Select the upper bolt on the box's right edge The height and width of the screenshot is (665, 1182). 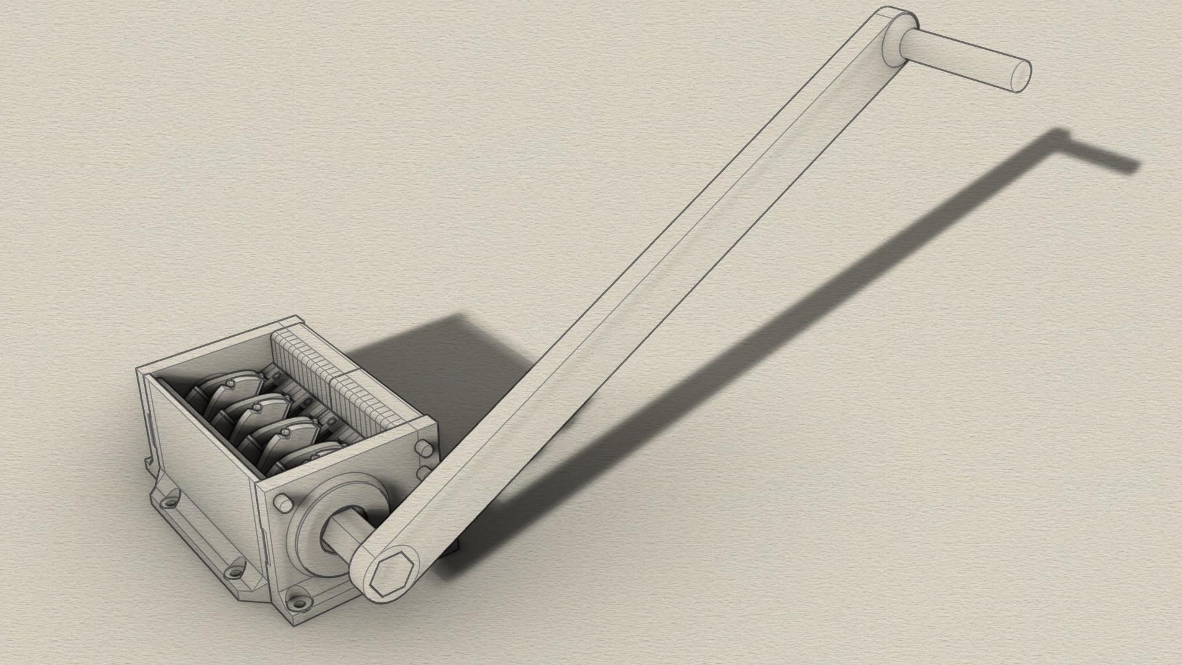(x=422, y=447)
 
